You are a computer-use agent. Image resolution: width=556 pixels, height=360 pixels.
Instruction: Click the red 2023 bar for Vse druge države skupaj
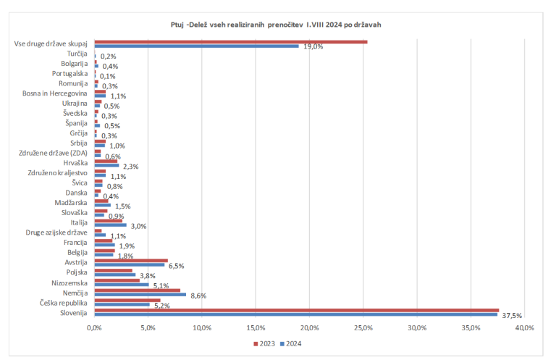point(230,42)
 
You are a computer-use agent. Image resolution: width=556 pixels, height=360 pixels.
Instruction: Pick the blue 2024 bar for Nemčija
point(140,295)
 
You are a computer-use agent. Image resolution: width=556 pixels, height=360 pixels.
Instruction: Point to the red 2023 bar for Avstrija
point(131,261)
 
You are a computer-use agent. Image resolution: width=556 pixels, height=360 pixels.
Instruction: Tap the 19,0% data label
point(313,46)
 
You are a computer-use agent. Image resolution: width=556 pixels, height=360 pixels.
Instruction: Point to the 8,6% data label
point(197,296)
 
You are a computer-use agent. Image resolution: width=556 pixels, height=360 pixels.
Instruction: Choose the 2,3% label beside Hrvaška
point(131,167)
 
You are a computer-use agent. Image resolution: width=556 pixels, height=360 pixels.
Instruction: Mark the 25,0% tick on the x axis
point(363,328)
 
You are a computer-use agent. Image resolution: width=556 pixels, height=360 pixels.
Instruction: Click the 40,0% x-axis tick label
point(524,328)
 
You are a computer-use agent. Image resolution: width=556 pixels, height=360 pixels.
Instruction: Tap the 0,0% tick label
point(94,328)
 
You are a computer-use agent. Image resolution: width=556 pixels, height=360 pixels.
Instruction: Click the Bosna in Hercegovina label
point(55,93)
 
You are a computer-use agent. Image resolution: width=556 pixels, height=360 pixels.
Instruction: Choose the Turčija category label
point(77,54)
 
